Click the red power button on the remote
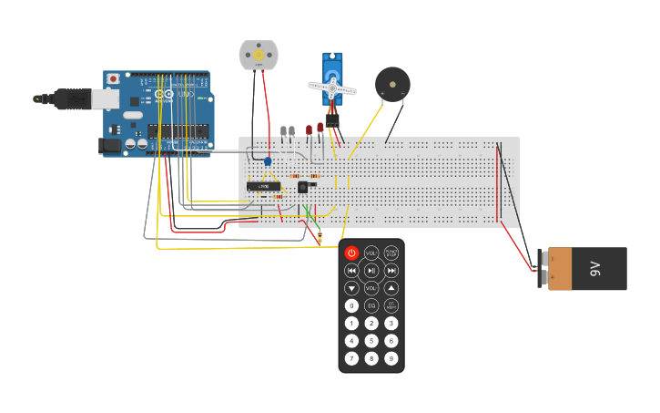coord(351,253)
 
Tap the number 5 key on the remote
coord(371,340)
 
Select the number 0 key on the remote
coord(351,305)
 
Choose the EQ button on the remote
coord(371,305)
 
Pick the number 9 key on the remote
coord(391,358)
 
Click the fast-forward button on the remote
coord(391,270)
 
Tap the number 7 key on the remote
coord(351,358)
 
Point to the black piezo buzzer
coord(392,84)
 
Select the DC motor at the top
coord(258,55)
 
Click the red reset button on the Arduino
coord(112,79)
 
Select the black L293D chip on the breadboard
coord(264,186)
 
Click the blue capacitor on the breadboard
coord(268,161)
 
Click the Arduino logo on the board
coord(164,94)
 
